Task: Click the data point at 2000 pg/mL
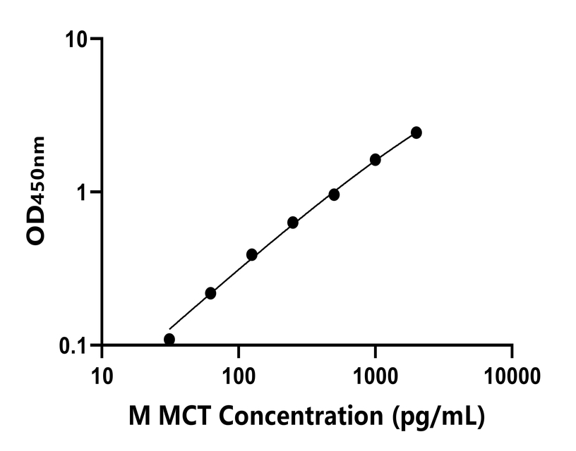416,132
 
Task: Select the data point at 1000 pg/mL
376,160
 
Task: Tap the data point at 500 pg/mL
334,194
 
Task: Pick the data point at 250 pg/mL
293,223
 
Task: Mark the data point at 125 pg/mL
252,254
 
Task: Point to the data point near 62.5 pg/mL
210,293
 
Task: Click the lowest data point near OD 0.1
169,339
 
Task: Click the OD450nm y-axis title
37,190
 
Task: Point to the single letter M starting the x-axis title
138,416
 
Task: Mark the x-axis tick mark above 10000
512,351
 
